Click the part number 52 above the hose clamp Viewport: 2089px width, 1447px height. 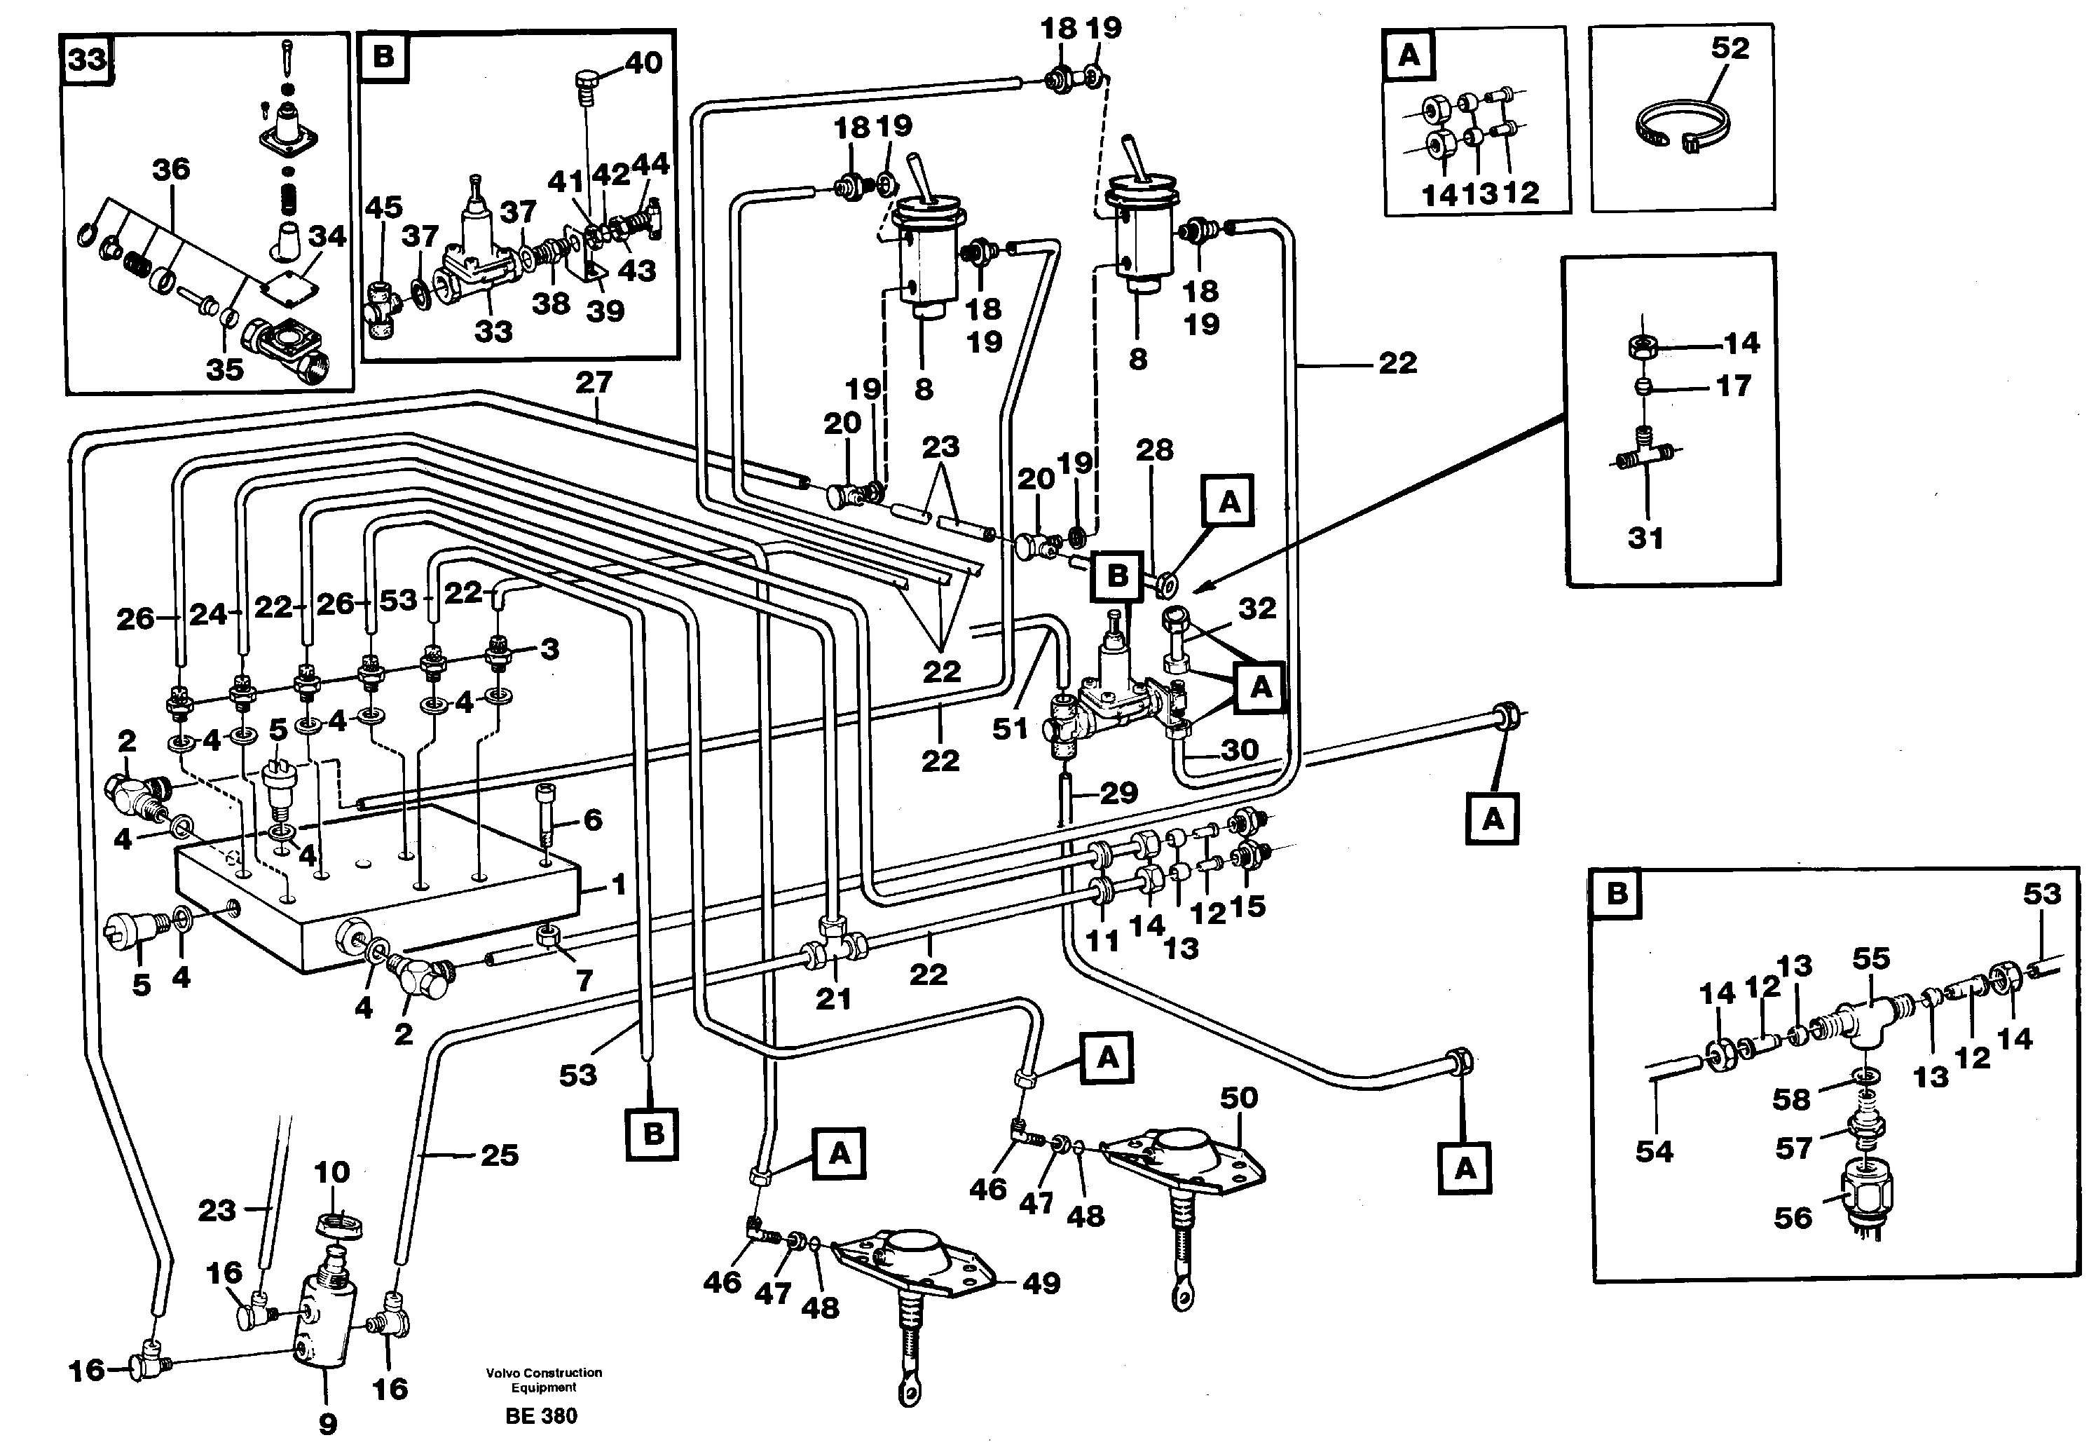tap(1730, 48)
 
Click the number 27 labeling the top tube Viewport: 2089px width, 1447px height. tap(594, 383)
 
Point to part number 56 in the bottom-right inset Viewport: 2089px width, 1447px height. tap(1793, 1217)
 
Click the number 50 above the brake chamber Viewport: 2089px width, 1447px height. tap(1238, 1098)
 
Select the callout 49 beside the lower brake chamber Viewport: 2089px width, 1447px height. tap(1041, 1283)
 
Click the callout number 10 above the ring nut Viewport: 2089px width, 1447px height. tap(331, 1172)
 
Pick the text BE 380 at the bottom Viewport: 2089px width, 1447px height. tap(541, 1415)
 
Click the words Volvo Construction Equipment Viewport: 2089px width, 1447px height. tap(544, 1379)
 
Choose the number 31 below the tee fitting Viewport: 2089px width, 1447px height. tap(1646, 538)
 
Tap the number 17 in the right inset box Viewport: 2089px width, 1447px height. tap(1733, 386)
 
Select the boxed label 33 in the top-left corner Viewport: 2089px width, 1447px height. tap(88, 60)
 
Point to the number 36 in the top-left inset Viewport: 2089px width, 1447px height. tap(171, 169)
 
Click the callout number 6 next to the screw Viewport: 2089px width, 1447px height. tap(593, 820)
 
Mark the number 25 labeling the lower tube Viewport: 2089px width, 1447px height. tap(500, 1155)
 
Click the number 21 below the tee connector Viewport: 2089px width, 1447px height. tap(834, 998)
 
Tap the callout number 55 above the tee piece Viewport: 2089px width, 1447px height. tap(1870, 958)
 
